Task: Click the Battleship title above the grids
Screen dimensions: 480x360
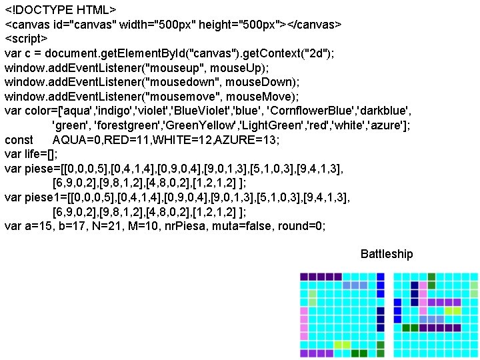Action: [x=387, y=254]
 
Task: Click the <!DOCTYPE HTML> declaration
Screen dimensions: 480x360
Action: [x=61, y=11]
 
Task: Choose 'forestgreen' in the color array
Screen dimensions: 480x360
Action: [x=119, y=125]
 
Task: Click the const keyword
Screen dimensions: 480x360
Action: [x=19, y=140]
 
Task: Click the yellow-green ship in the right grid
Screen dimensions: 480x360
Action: [x=453, y=311]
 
